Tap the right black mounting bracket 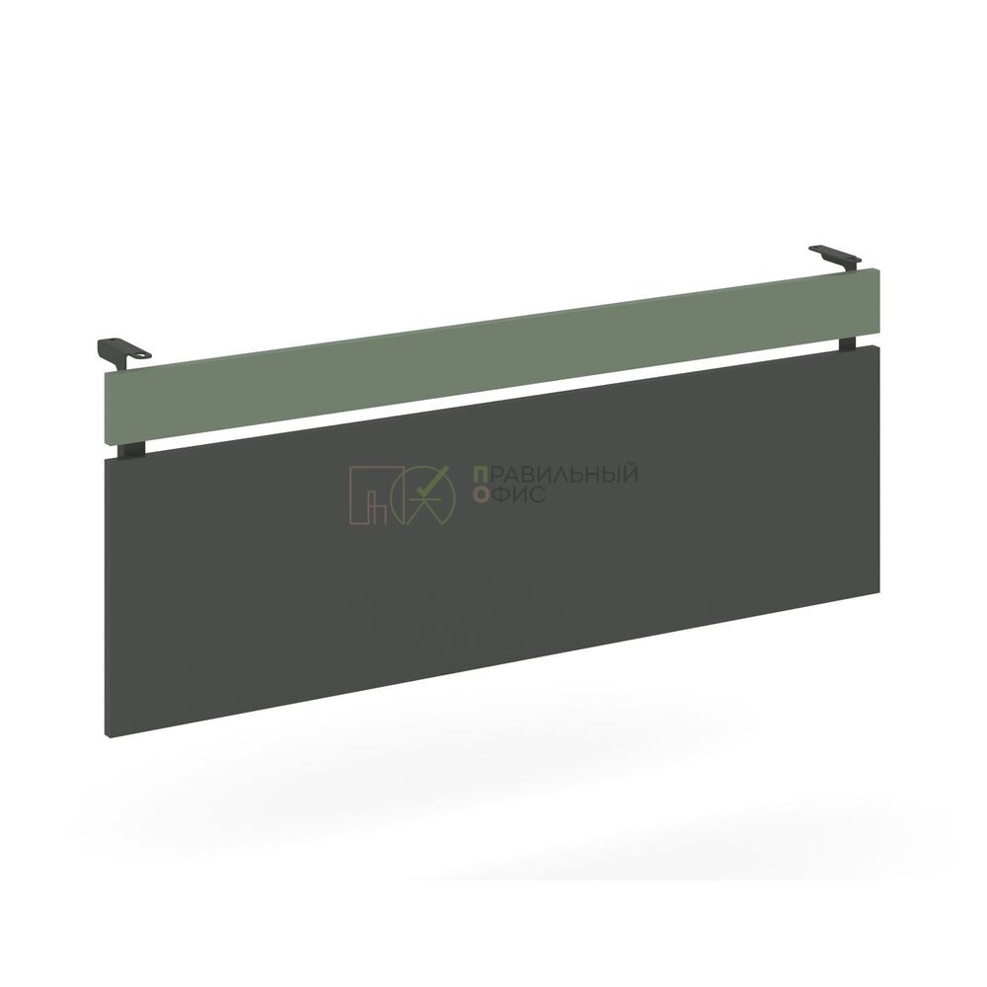click(835, 258)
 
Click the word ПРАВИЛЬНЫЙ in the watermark click(555, 475)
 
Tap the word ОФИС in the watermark click(509, 494)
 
